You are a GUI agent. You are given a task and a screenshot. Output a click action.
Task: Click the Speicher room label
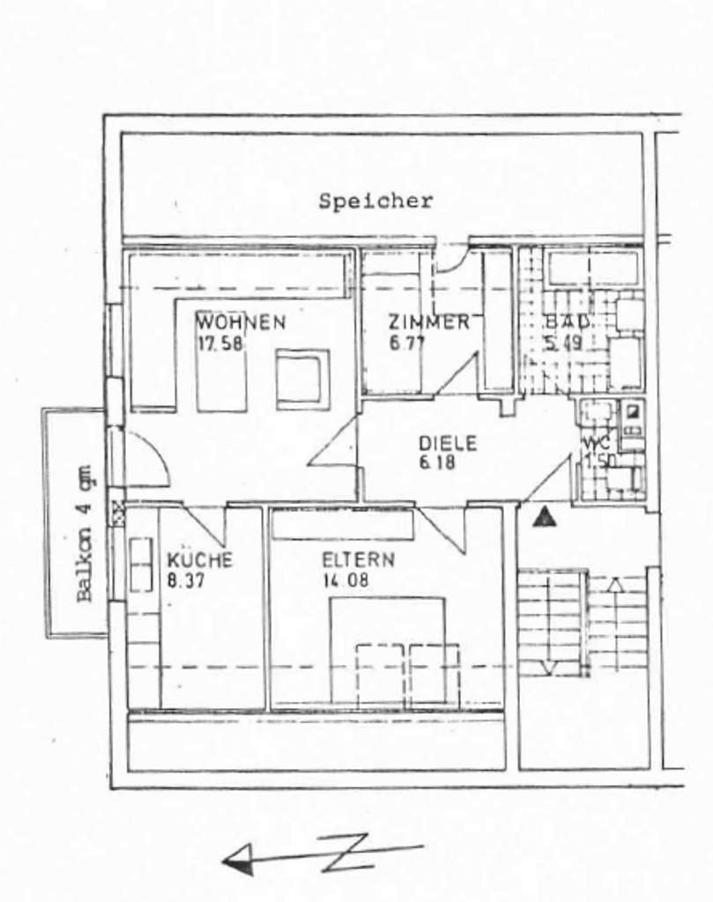pyautogui.click(x=375, y=201)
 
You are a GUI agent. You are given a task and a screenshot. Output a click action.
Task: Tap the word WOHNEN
pyautogui.click(x=241, y=322)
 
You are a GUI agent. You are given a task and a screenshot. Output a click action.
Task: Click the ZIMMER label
pyautogui.click(x=428, y=322)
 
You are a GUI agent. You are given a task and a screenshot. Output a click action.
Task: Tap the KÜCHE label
pyautogui.click(x=200, y=560)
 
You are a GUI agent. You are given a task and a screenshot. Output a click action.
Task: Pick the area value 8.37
pyautogui.click(x=187, y=580)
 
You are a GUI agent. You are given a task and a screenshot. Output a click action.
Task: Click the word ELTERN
pyautogui.click(x=358, y=560)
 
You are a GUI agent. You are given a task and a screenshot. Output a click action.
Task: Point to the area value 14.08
pyautogui.click(x=345, y=580)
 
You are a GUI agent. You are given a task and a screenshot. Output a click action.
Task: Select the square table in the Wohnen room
pyautogui.click(x=302, y=379)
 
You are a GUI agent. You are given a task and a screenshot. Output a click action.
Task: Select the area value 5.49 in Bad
pyautogui.click(x=563, y=343)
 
